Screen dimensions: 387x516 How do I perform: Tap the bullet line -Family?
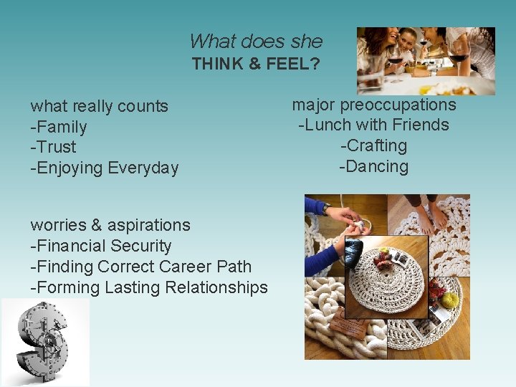(x=59, y=127)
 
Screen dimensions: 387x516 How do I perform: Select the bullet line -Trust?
(x=53, y=147)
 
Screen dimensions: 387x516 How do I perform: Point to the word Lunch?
(x=324, y=125)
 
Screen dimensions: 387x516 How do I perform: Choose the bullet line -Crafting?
(x=373, y=145)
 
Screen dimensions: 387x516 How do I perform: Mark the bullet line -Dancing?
(x=373, y=166)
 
